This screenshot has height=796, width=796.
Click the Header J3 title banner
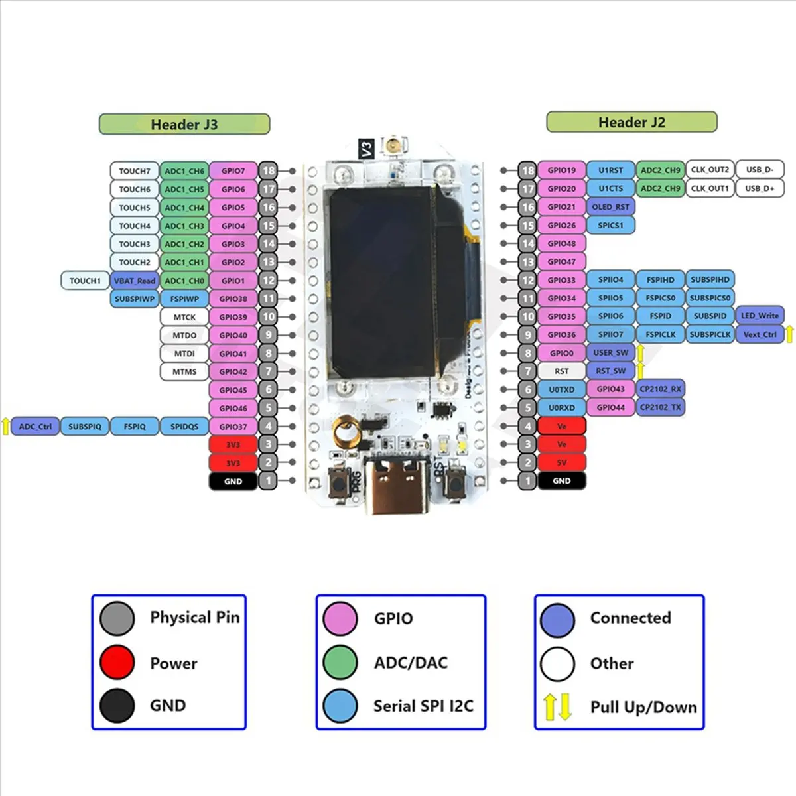(184, 124)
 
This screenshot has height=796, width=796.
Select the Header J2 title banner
(631, 122)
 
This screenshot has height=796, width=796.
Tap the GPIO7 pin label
(233, 170)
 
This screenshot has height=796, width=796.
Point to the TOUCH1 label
(85, 281)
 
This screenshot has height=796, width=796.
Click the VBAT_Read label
(135, 281)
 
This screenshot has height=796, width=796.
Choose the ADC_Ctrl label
(35, 427)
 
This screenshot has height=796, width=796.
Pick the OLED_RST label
(610, 207)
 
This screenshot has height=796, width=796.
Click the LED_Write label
(760, 316)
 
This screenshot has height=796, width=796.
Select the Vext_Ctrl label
(760, 334)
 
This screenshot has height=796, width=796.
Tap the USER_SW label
(610, 353)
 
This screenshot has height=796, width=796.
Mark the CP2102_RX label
(660, 389)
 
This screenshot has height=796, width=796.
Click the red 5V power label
(561, 462)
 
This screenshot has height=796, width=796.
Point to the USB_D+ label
(760, 188)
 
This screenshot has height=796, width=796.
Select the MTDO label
(184, 335)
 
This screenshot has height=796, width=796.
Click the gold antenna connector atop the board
(396, 145)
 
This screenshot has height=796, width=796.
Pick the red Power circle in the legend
(117, 662)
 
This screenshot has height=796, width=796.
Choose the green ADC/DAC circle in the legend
(340, 662)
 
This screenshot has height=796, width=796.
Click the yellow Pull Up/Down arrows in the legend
(557, 707)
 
